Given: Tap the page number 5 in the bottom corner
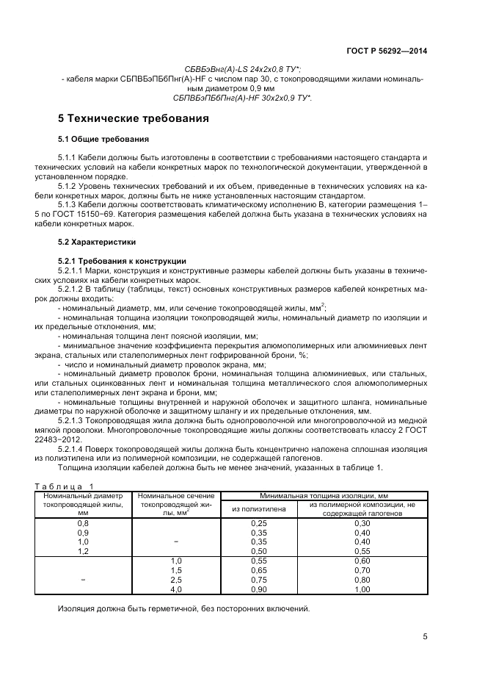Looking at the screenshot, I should coord(425,637).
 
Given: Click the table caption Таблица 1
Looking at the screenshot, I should coord(65,486).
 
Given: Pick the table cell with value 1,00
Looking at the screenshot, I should coord(362,589).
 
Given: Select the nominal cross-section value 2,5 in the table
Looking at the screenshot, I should coord(175,580).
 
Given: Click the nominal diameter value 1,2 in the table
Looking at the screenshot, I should coord(83,550).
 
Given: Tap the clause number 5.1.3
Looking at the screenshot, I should coord(69,206).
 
